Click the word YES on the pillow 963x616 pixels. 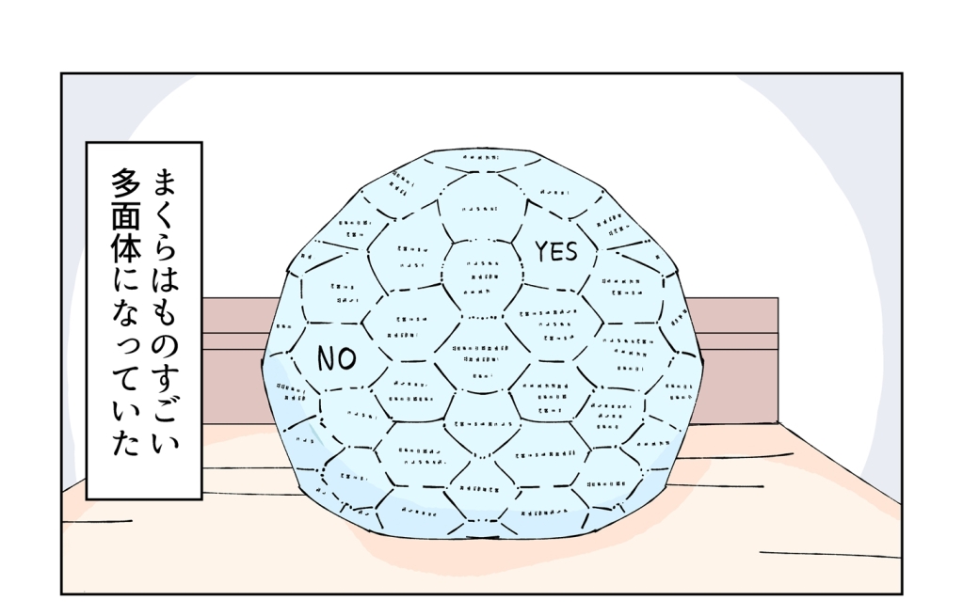coord(555,251)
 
